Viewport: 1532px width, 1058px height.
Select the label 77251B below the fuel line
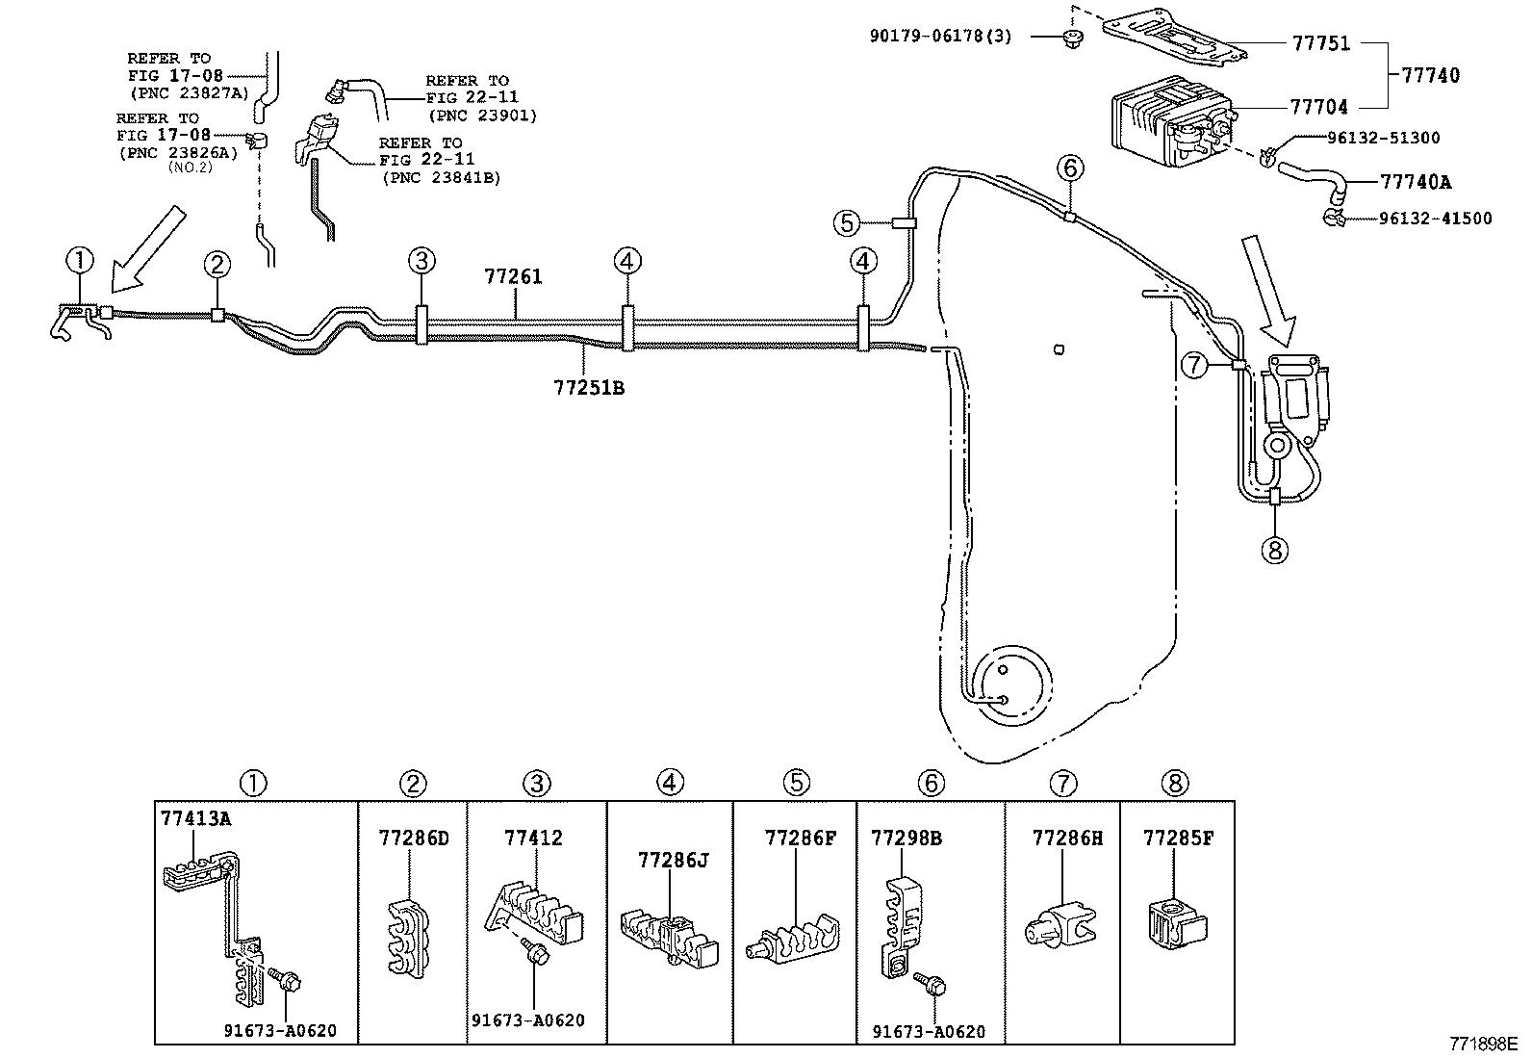(589, 388)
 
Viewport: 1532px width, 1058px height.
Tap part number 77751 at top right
(1319, 43)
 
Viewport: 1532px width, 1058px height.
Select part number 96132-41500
(1435, 219)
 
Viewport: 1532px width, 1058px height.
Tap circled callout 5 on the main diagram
(846, 223)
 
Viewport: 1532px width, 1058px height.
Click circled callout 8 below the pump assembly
(1274, 550)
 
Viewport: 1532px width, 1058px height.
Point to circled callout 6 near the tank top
(1070, 168)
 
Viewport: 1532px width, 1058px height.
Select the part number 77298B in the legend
(906, 839)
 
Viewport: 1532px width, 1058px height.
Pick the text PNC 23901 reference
(482, 116)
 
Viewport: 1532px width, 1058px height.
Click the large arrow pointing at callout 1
(145, 249)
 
